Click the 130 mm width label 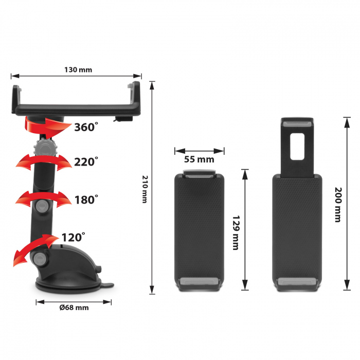click(x=78, y=69)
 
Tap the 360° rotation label click(x=86, y=127)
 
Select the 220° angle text click(x=86, y=161)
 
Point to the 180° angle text click(x=86, y=200)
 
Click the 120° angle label click(x=73, y=237)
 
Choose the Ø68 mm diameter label click(x=74, y=308)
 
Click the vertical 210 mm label click(x=145, y=189)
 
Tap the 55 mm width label click(x=199, y=159)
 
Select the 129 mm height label click(x=236, y=232)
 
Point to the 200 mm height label click(x=338, y=205)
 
